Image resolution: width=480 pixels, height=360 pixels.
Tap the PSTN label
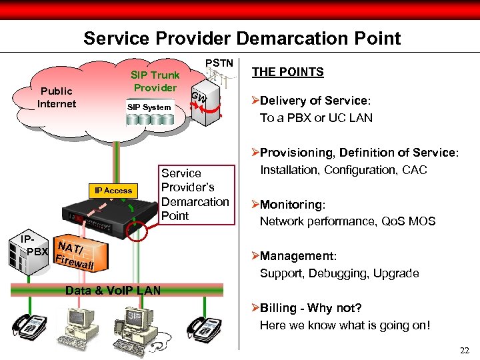click(219, 63)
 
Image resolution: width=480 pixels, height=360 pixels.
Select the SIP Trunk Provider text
click(155, 81)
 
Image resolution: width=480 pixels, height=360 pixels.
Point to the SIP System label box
click(149, 107)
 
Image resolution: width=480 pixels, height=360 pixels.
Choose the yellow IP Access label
click(113, 191)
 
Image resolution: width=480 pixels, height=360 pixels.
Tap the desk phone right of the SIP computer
click(202, 327)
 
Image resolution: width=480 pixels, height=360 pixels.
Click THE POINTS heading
click(288, 72)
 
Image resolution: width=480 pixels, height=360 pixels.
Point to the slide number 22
click(464, 351)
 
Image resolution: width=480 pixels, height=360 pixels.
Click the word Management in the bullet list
click(297, 257)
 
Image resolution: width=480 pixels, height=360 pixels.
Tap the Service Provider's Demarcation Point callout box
click(195, 195)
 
